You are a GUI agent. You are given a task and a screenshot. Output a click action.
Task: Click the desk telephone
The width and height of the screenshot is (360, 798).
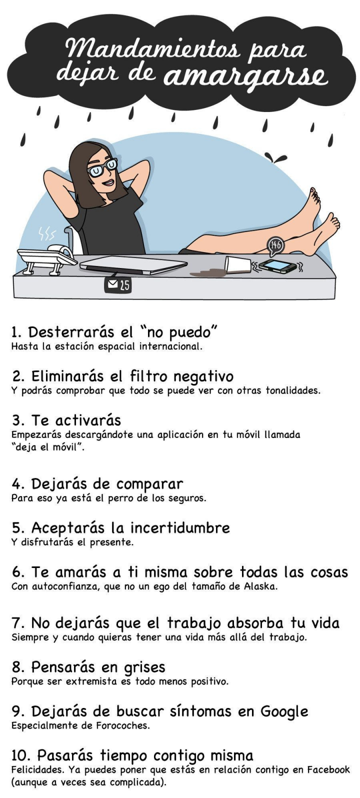46,258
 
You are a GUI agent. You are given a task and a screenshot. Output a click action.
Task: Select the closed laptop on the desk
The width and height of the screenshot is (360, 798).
133,266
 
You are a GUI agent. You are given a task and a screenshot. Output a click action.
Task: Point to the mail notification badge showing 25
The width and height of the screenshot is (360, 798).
118,285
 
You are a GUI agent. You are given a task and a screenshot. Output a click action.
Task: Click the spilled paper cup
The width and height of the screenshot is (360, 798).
238,265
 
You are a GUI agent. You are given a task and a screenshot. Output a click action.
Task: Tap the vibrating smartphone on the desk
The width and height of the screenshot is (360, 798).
278,266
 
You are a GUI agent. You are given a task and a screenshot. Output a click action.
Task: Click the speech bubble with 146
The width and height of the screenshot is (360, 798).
275,246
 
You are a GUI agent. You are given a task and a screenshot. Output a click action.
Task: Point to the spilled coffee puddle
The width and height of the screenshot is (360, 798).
208,272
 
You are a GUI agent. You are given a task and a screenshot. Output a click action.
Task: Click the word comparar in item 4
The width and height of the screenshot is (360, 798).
149,484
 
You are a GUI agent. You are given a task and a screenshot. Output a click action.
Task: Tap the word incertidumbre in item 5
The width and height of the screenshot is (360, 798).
180,527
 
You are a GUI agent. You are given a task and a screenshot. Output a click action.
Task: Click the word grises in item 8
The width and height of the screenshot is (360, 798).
144,667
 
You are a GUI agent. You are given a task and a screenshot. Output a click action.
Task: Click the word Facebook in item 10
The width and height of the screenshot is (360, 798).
328,769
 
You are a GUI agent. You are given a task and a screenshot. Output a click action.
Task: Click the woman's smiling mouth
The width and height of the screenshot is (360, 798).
108,183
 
